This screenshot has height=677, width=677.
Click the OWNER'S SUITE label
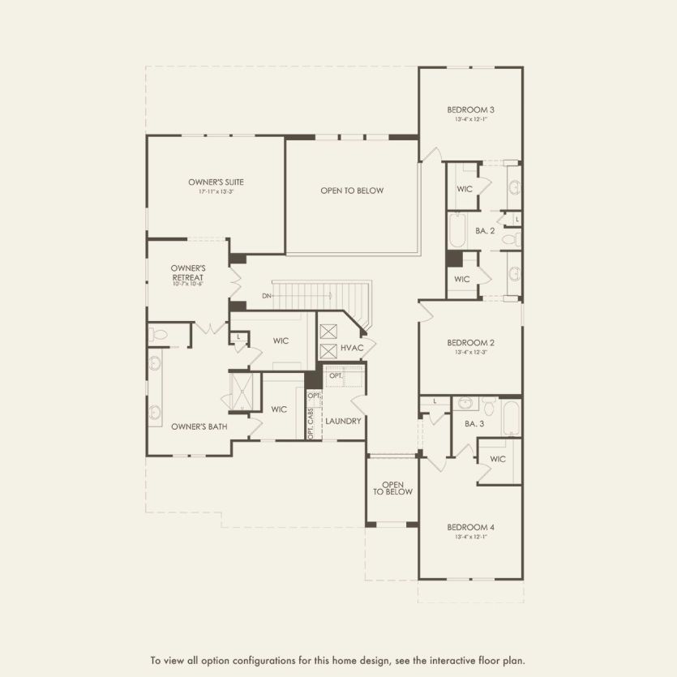click(216, 182)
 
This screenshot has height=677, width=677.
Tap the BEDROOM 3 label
click(470, 109)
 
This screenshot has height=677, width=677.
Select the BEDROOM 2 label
click(470, 342)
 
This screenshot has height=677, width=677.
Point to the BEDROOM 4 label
click(470, 527)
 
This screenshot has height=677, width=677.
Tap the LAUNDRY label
click(343, 421)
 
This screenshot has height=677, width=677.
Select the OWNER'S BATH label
click(199, 426)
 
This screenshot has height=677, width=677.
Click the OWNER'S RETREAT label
click(188, 272)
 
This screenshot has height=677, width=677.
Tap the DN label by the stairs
click(266, 296)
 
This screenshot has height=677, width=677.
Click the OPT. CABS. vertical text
click(311, 423)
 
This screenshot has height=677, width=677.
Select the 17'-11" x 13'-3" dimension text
click(216, 192)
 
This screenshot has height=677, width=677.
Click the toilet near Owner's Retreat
click(159, 334)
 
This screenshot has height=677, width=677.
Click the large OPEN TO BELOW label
click(352, 191)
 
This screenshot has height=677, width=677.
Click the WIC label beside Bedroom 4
click(498, 459)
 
